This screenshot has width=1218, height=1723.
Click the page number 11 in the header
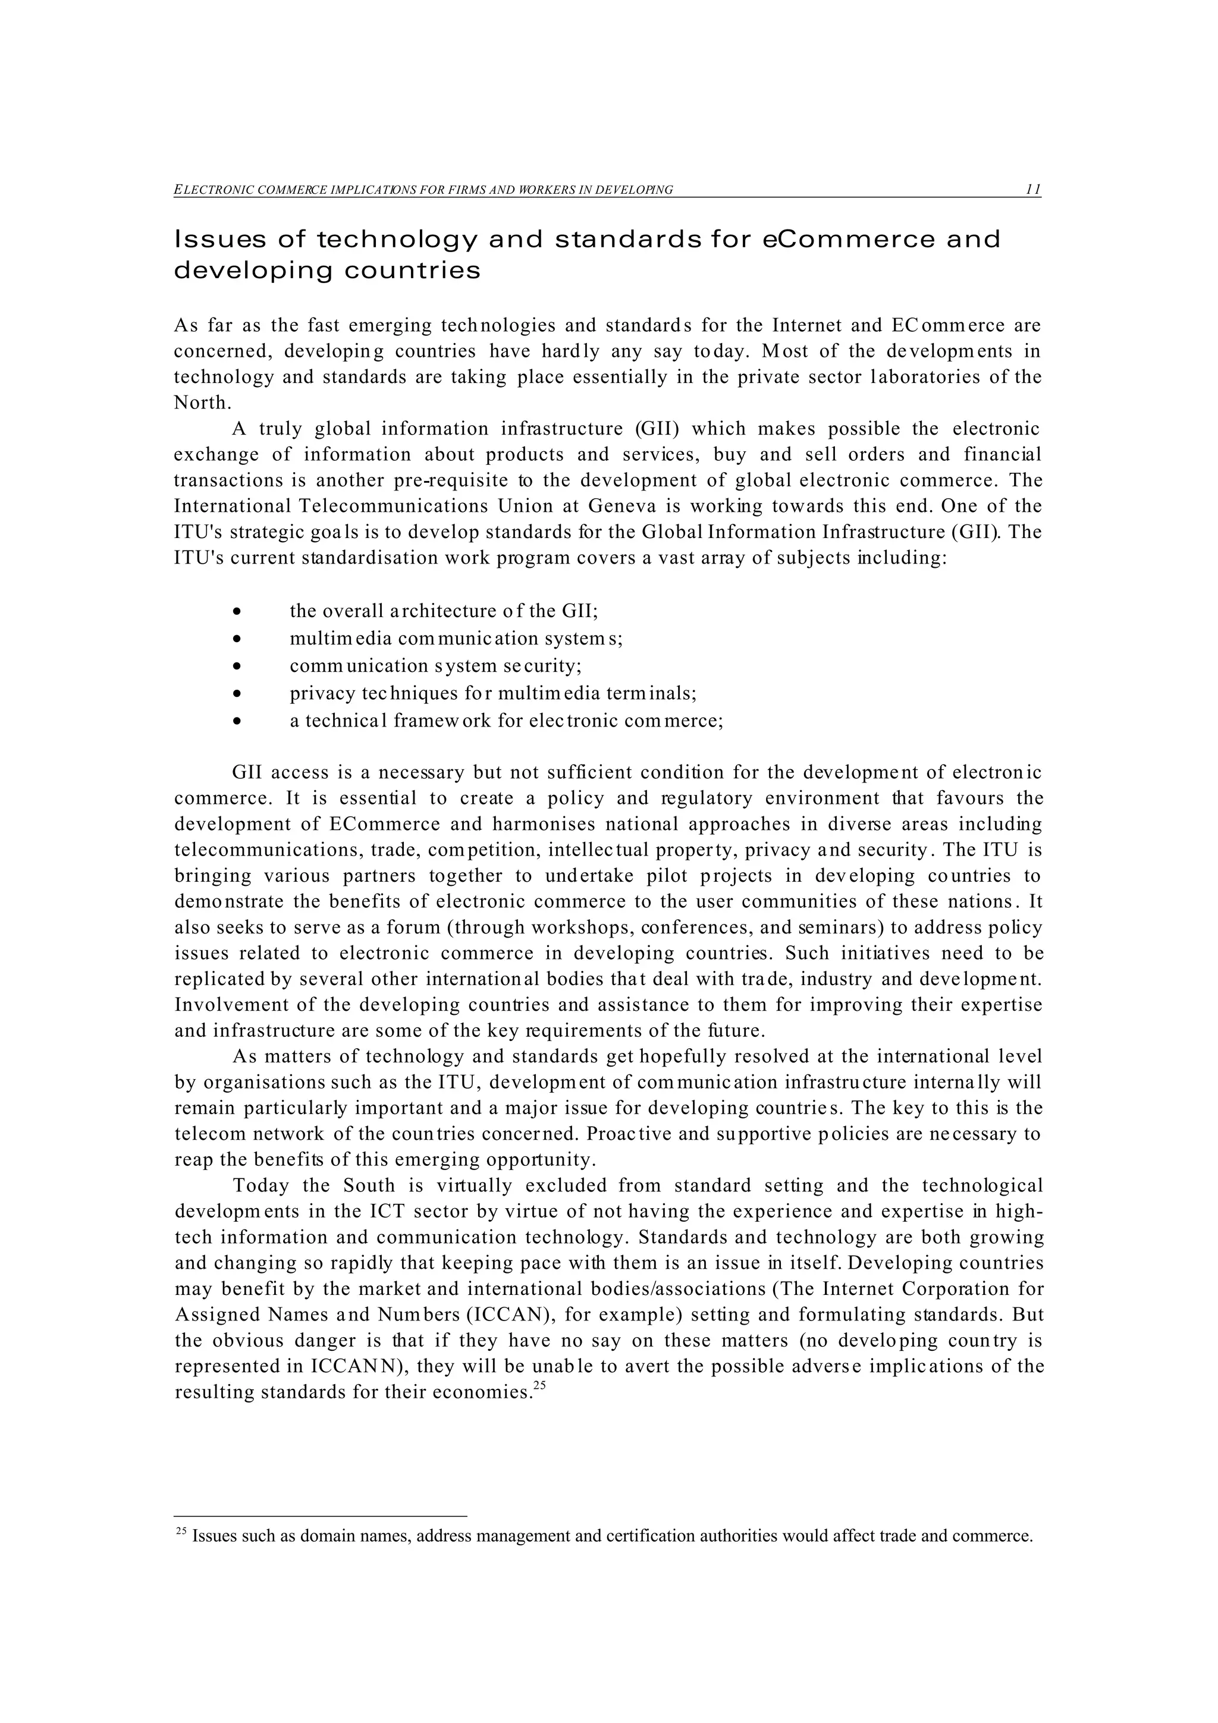click(x=1032, y=189)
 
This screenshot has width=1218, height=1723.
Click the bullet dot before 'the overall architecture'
click(x=237, y=612)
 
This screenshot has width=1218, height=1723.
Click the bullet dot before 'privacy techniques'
click(x=237, y=693)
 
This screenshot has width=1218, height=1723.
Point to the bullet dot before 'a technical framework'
click(x=237, y=721)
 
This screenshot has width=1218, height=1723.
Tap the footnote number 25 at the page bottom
click(x=180, y=1531)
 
